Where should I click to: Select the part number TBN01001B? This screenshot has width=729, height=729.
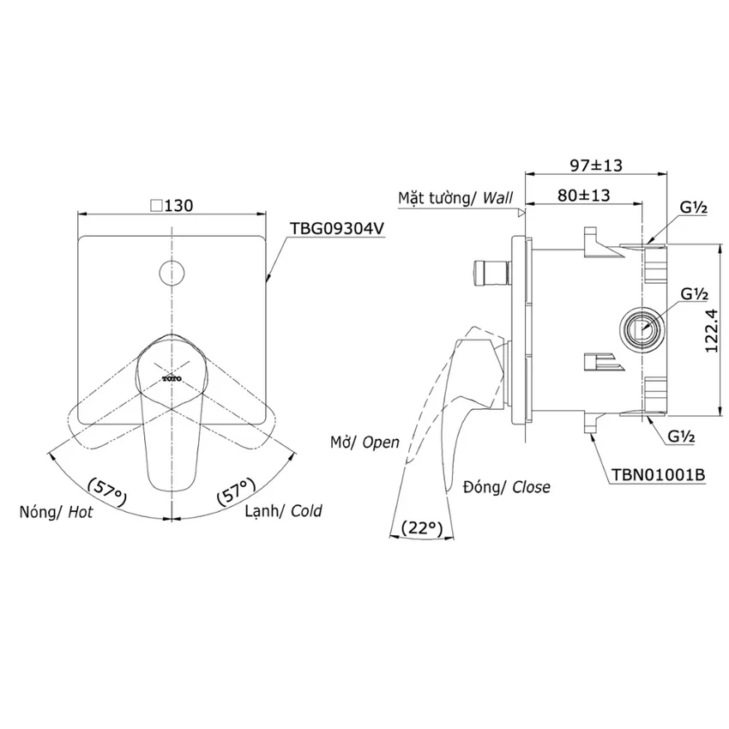pos(658,474)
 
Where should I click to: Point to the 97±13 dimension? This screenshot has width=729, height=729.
pos(596,165)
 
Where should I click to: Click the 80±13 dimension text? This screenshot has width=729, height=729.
pos(583,196)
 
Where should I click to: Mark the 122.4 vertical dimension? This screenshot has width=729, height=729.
pos(711,330)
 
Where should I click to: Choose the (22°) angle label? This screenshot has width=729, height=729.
pos(421,527)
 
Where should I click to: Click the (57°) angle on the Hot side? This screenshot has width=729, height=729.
pos(107,491)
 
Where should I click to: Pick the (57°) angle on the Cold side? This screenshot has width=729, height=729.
pos(236,491)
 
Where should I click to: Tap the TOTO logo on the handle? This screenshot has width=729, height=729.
pos(172,379)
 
